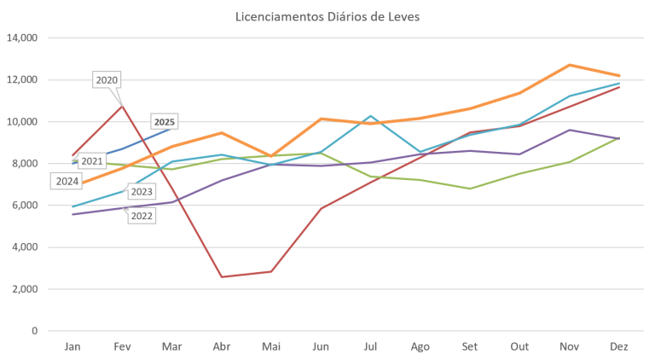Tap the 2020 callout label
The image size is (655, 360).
tap(107, 79)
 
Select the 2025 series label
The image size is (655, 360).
tap(165, 122)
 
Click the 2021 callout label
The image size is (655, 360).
tap(92, 160)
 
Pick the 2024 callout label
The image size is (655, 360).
tap(67, 181)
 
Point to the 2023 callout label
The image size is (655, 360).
tap(142, 192)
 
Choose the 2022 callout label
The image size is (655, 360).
tap(142, 216)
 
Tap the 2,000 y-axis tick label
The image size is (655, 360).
tap(25, 289)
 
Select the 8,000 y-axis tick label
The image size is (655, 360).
tap(25, 164)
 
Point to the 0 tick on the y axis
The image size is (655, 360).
tap(36, 331)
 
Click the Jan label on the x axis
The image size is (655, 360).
tap(73, 345)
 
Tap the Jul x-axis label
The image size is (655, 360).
tap(371, 345)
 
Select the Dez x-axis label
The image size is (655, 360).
tap(619, 345)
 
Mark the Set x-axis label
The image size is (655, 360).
tap(470, 345)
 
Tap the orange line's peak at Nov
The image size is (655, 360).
tap(570, 65)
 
